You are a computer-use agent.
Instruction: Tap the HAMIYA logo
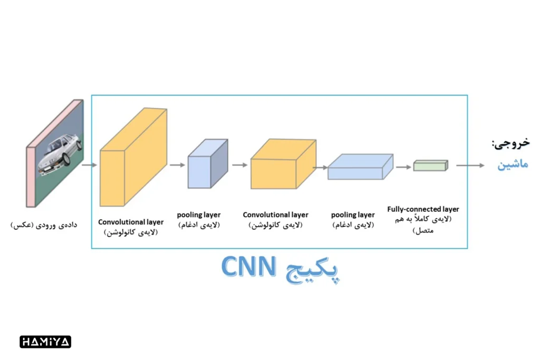45,342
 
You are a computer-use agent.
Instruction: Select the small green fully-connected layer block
430,166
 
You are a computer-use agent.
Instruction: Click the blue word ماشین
513,164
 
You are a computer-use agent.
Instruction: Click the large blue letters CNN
248,267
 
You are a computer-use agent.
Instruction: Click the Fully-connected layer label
423,209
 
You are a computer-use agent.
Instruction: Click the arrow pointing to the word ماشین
470,166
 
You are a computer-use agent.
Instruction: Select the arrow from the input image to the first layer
90,165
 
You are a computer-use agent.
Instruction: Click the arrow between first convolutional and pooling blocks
177,165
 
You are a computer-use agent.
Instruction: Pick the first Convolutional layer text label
131,222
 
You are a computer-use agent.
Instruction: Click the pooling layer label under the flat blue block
353,215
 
